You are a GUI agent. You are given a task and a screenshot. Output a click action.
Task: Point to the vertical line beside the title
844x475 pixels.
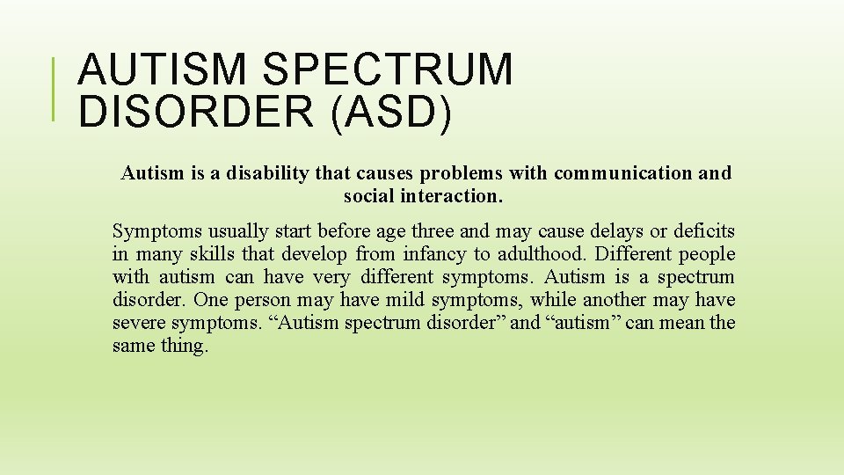click(x=55, y=89)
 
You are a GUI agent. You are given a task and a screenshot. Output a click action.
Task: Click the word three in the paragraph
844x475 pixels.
click(x=429, y=231)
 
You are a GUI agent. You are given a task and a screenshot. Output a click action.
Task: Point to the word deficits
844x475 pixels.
click(x=704, y=231)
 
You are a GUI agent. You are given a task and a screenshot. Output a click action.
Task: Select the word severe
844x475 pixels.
click(x=137, y=323)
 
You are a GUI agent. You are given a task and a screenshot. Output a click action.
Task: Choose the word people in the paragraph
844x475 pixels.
click(x=705, y=254)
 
